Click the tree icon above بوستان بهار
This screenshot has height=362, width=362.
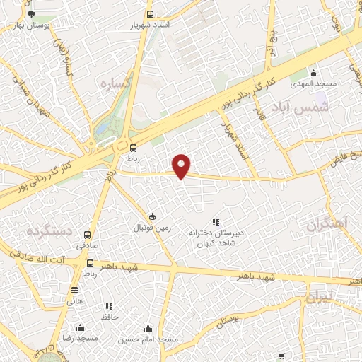coord(30,14)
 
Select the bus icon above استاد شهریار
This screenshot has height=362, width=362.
coord(149,14)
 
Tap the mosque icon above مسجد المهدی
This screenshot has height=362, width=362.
coord(314,72)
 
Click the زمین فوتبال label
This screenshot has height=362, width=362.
coord(152,228)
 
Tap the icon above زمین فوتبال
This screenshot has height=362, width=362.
coord(153,216)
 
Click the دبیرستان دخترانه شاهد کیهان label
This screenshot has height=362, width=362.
coord(216,236)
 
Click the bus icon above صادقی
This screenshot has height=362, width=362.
coord(88,235)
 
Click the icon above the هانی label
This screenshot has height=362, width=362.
coord(75,290)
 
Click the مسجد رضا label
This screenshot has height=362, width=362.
coord(80,339)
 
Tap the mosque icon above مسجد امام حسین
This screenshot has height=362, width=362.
coord(148,329)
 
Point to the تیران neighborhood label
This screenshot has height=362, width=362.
coord(319,298)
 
